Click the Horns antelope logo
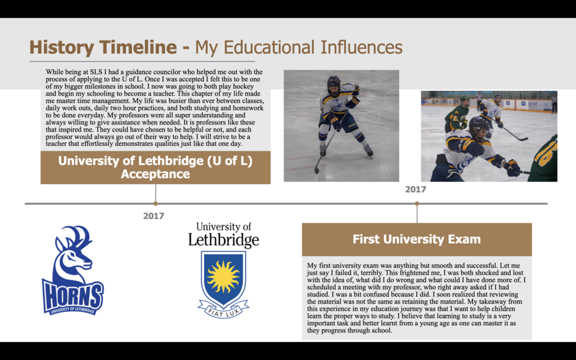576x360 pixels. (73, 271)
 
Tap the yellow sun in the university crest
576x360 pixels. (223, 277)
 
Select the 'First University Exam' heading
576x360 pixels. (417, 239)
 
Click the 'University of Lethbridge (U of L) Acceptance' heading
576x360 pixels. (155, 167)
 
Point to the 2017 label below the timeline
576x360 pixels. (154, 216)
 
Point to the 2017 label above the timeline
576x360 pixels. (416, 190)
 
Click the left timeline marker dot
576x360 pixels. (155, 203)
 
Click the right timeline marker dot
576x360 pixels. (417, 203)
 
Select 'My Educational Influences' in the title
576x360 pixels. (299, 47)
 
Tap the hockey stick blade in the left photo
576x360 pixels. (317, 170)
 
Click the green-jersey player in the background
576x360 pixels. (457, 114)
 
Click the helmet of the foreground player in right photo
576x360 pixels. (480, 129)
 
